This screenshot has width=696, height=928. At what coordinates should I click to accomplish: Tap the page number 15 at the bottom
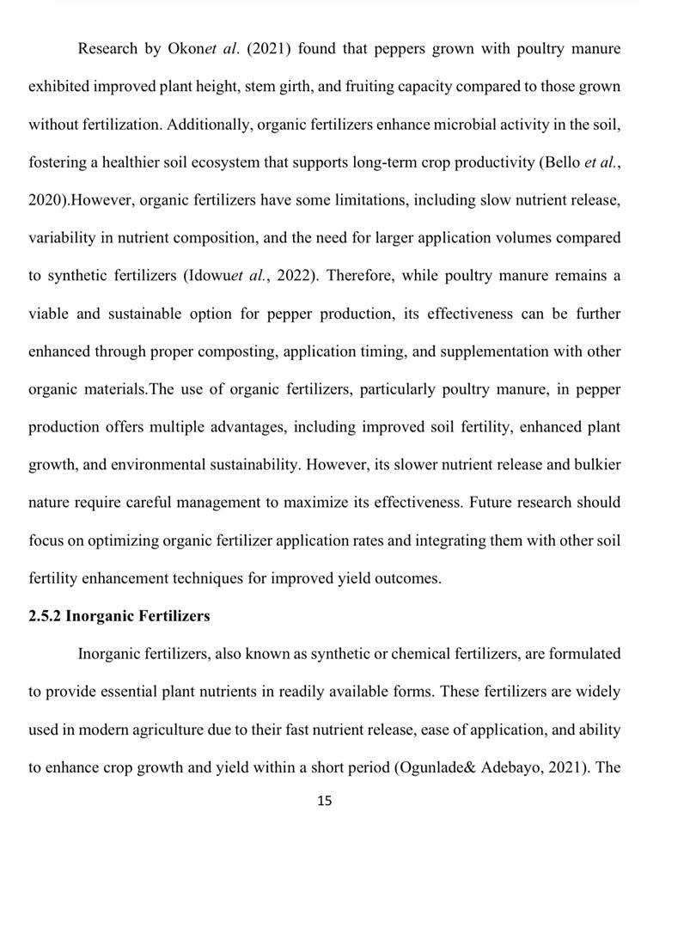tap(325, 801)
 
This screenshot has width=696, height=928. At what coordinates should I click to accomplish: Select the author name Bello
tap(560, 162)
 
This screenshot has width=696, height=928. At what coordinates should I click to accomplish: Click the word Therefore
tap(360, 276)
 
